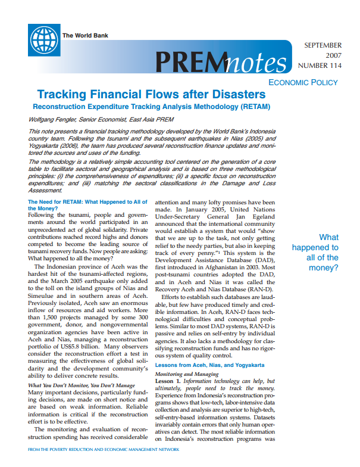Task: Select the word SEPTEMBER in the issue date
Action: click(323, 45)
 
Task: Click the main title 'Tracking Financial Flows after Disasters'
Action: click(151, 95)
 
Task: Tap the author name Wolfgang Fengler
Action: click(52, 120)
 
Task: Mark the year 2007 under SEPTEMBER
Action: click(332, 55)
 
